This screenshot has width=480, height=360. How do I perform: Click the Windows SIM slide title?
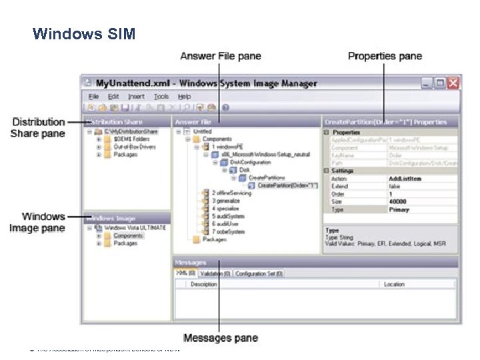point(83,33)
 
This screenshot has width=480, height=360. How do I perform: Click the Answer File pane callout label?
point(220,56)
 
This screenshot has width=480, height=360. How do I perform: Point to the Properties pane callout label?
point(385,56)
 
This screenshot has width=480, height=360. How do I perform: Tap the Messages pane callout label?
point(220,338)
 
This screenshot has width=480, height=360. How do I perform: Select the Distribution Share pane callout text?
point(38,127)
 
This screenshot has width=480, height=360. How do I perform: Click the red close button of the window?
point(453,83)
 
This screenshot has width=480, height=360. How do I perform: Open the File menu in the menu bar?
point(93,97)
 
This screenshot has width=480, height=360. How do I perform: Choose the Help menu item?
point(184,97)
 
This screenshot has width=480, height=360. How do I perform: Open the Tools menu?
point(161,97)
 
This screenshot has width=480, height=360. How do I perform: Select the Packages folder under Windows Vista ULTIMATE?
point(125,243)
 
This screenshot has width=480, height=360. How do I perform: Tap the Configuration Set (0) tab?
point(259,273)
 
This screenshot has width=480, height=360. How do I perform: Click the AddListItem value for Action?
point(405,179)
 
